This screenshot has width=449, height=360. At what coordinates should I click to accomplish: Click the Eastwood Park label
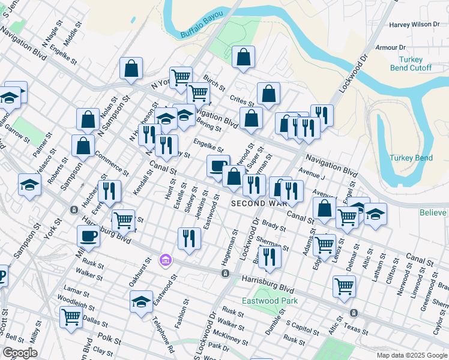coord(262,301)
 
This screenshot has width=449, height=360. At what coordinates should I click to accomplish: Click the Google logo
coord(20,353)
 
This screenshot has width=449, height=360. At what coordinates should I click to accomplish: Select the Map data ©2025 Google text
coord(411,355)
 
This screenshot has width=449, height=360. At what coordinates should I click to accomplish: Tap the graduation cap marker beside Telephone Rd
coord(141,300)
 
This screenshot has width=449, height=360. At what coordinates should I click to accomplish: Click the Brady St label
coord(274,227)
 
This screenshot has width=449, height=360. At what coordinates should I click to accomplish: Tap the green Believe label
coord(433,212)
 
